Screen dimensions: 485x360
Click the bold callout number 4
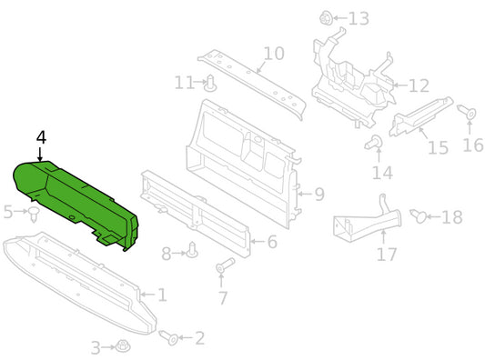[x=41, y=137]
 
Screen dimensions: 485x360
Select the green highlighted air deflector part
[x=75, y=201]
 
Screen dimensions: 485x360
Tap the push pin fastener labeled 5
[x=34, y=214]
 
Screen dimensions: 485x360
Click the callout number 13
[x=359, y=18]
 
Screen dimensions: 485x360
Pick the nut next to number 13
[x=326, y=18]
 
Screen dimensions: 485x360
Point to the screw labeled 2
[x=169, y=338]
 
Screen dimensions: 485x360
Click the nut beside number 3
[x=123, y=346]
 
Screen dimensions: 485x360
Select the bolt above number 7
[x=226, y=265]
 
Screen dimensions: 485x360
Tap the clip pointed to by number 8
[x=192, y=250]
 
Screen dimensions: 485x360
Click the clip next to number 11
[x=210, y=83]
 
